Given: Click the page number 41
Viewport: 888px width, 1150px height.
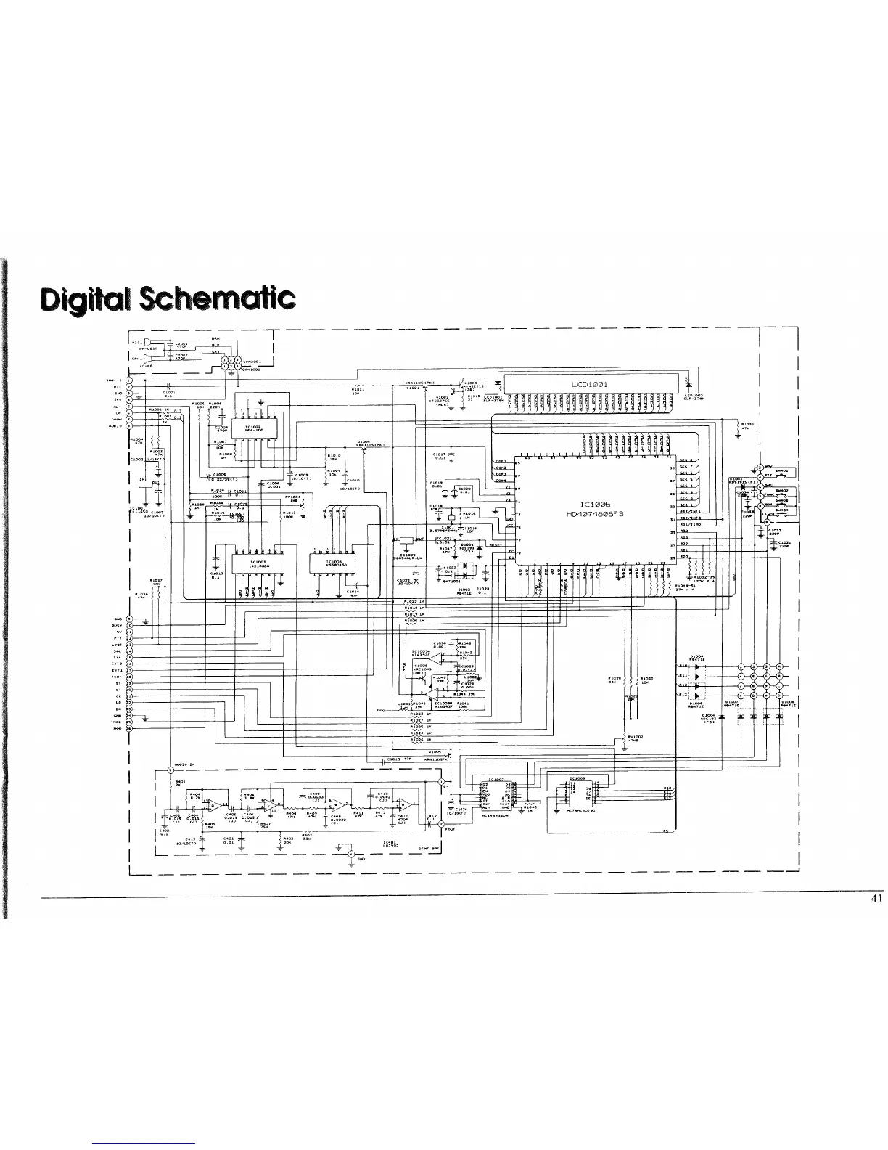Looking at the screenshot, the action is (876, 898).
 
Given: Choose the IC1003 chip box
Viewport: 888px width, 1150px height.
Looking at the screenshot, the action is (257, 564).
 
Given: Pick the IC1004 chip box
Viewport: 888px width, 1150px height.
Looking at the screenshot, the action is (334, 564).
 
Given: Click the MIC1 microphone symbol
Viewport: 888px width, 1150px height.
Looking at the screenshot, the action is (147, 342).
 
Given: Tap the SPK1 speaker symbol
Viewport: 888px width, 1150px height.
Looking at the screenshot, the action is (147, 358).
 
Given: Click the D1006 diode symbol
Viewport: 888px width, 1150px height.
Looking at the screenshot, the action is (778, 717).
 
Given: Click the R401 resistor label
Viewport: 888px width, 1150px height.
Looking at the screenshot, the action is (180, 781).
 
